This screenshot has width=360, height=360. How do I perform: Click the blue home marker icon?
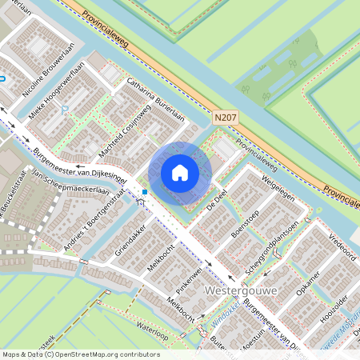point(180,173)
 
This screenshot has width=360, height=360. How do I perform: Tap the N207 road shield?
point(226,118)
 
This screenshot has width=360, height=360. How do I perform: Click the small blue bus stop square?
point(144,192)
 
